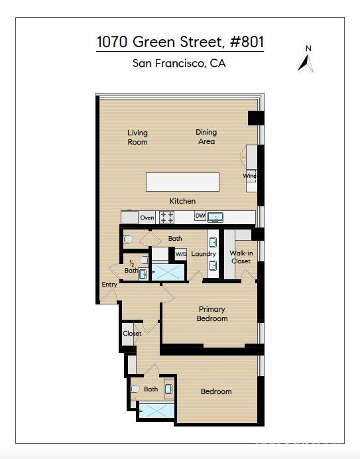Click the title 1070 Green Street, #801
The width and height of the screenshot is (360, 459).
point(180,42)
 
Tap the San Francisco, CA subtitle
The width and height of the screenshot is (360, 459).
point(180,64)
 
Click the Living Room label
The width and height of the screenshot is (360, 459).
point(137,137)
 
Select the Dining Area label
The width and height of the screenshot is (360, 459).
point(206,137)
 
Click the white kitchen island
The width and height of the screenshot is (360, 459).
point(182,182)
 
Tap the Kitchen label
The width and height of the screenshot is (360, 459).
point(182,201)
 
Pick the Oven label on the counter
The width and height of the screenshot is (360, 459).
point(147,218)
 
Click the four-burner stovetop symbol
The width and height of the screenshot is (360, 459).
point(167,218)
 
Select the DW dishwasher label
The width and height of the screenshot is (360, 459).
point(200,216)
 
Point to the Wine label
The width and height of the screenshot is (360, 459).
point(249,176)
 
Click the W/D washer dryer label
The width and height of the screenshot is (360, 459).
point(180,254)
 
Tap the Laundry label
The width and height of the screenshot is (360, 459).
point(204,254)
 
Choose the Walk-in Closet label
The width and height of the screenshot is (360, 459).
point(241,257)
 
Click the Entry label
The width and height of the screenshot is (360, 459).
point(109,285)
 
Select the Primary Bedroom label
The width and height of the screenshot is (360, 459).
point(212,314)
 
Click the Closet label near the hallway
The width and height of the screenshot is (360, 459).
point(132,333)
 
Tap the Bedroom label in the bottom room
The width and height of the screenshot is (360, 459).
point(216,391)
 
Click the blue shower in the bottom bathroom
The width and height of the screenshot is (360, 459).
point(157,411)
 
